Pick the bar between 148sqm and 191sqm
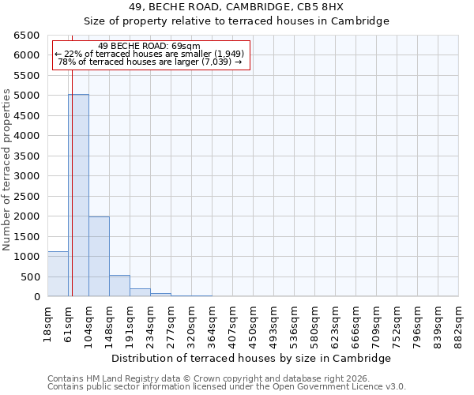pos(119,286)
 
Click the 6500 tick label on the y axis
pos(27,36)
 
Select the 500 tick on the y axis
pos(30,276)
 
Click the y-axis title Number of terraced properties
pos(8,170)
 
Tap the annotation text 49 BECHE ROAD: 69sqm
pos(150,47)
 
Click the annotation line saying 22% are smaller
pos(150,54)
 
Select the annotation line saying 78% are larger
pos(150,62)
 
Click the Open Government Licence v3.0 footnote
pos(227,387)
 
